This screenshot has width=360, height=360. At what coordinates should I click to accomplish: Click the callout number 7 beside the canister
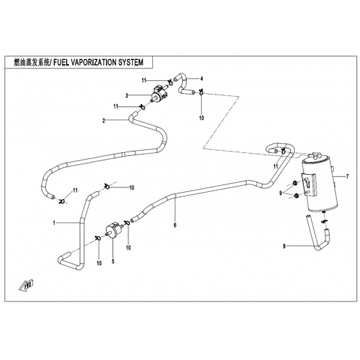347,177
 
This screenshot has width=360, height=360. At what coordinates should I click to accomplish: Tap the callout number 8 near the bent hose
284,246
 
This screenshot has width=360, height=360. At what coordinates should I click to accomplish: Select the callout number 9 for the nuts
281,193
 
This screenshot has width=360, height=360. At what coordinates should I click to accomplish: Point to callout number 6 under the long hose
175,225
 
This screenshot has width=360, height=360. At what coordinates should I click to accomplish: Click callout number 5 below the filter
113,262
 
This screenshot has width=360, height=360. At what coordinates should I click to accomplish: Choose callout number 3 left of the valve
127,96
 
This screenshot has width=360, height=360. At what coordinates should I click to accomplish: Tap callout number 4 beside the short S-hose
202,79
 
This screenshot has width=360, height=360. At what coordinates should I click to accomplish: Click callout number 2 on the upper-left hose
103,121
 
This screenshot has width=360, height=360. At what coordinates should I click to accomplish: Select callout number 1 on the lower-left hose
54,223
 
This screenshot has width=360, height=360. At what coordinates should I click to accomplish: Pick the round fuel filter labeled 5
114,229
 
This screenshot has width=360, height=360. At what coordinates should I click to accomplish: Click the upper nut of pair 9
295,183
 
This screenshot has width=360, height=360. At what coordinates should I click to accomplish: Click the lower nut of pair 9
296,196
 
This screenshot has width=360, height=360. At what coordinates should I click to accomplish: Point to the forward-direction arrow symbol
26,285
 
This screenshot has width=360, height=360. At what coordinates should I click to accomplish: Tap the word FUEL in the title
60,62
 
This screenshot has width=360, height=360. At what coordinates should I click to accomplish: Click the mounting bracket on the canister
310,184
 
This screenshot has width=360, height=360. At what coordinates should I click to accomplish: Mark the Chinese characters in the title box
31,62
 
